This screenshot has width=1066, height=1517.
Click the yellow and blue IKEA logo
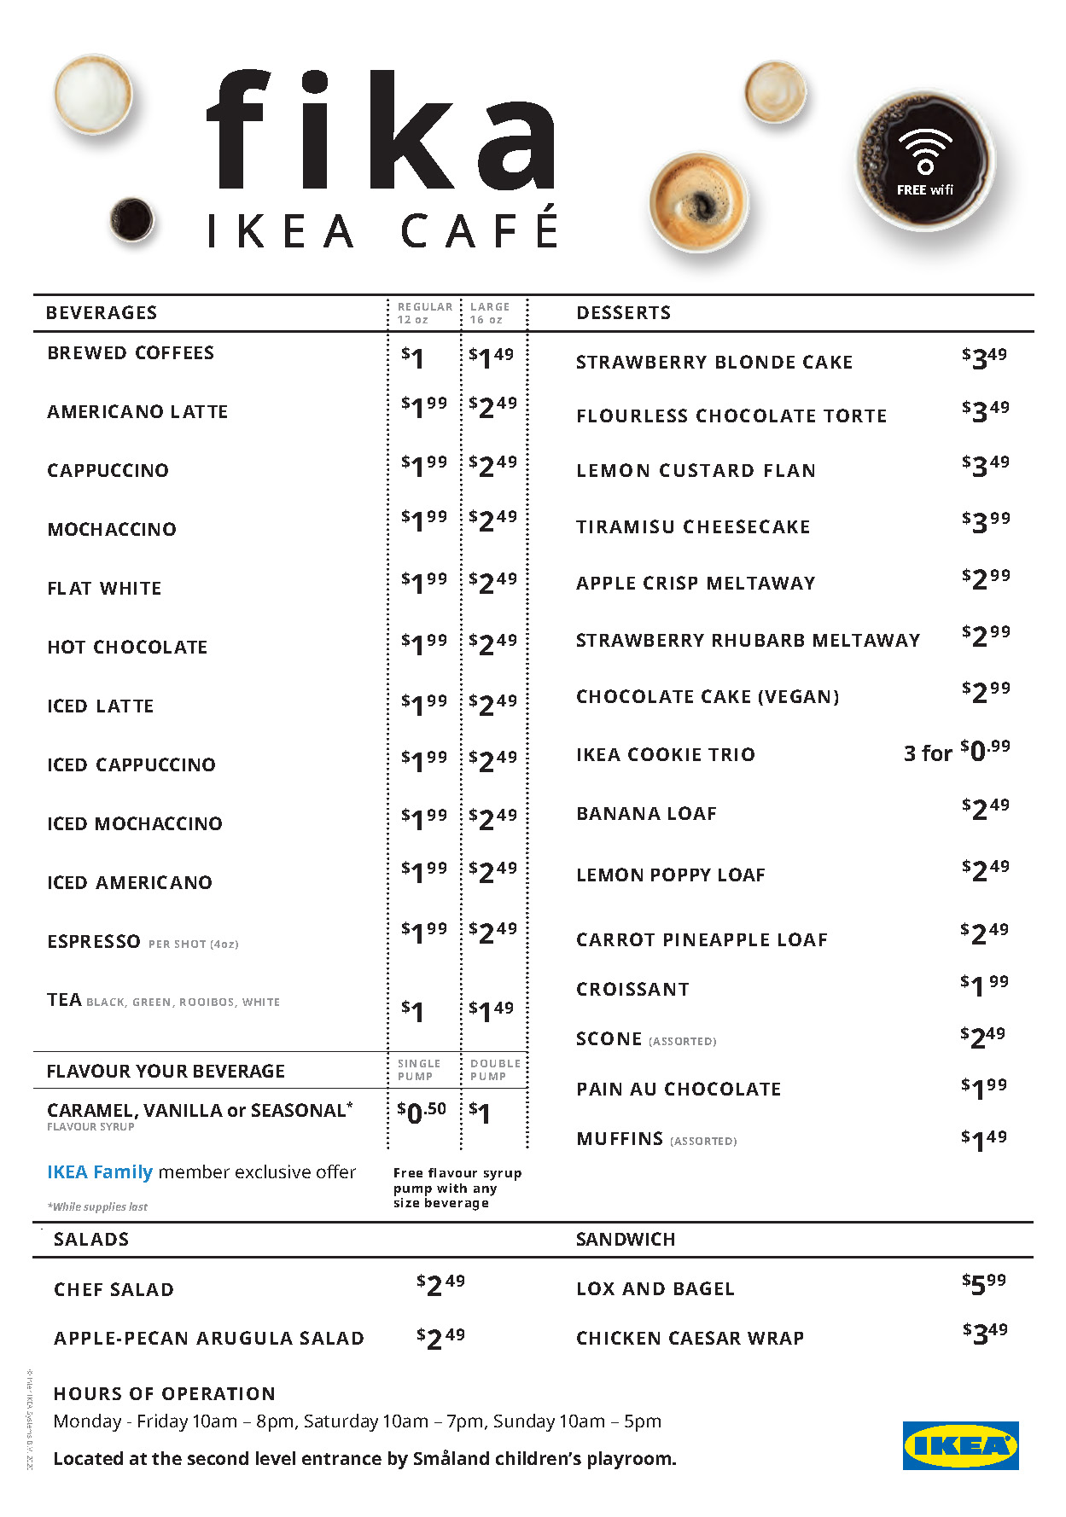click(960, 1445)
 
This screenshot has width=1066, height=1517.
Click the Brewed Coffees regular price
click(413, 357)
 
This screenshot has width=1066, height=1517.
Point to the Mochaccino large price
click(492, 520)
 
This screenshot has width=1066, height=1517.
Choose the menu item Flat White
click(104, 588)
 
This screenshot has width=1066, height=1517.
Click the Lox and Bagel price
click(984, 1283)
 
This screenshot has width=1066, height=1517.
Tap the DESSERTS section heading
click(623, 313)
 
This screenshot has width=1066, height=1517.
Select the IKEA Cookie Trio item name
click(665, 754)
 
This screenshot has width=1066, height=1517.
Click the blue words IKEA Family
click(100, 1172)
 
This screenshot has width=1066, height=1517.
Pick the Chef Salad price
click(440, 1284)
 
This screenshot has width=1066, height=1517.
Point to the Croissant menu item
click(632, 989)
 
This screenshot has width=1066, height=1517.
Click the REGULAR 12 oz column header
click(424, 312)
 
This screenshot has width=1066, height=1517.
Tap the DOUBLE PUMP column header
click(494, 1069)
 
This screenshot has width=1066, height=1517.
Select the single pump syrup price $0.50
click(422, 1112)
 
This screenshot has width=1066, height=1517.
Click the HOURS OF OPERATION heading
click(164, 1393)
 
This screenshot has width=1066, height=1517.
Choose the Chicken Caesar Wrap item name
click(690, 1338)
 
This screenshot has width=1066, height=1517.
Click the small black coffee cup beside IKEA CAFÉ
click(131, 218)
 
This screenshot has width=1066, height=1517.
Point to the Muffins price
click(983, 1139)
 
